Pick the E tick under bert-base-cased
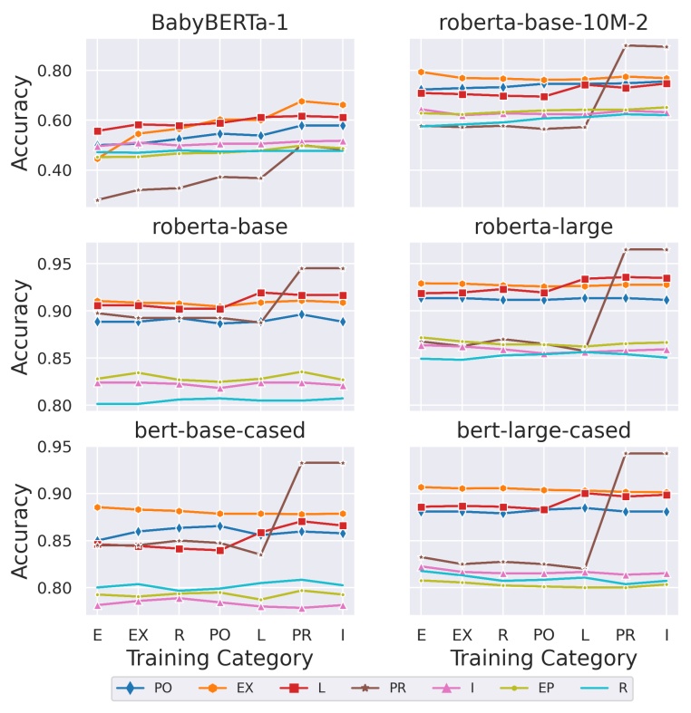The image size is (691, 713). click(97, 635)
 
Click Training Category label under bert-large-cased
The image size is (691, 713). click(543, 659)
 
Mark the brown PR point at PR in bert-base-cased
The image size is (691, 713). click(301, 463)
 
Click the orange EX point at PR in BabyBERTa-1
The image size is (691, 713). click(301, 101)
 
